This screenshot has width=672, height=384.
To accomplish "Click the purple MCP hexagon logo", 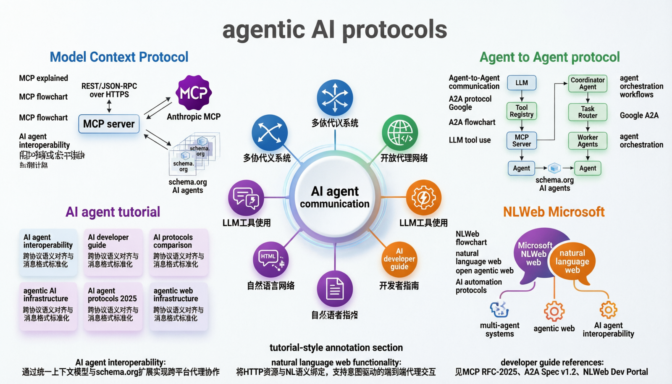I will pos(194,92).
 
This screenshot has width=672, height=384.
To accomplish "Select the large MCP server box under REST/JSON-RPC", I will pos(109,124).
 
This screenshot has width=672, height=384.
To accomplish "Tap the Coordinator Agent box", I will pos(588,83).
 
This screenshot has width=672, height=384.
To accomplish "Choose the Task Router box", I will pos(588,112).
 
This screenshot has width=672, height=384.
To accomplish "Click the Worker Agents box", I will pos(588,141).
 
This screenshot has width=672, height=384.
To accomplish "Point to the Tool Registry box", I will pos(522,111).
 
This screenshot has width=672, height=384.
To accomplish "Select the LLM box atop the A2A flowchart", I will pos(522,83).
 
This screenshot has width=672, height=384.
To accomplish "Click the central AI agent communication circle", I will pos(335,197).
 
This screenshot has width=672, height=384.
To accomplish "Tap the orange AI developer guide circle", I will pos(399,259).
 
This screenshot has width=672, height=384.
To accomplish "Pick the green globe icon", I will pos(400,133).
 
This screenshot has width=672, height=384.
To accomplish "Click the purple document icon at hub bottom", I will pos(335,289).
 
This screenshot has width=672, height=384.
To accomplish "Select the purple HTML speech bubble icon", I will pos(270,259).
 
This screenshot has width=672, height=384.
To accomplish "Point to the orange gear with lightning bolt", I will pos(423,197).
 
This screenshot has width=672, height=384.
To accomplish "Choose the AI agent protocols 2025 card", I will pos(113,305).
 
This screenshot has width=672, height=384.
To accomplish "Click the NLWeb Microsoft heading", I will pos(554,212).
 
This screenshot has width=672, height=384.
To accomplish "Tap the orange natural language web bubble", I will pos(572,262).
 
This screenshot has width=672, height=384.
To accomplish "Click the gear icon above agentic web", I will pos(554,311).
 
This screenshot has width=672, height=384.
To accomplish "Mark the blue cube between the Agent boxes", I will pos(554,168).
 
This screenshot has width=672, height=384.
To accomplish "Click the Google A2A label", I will pos(639,116).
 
